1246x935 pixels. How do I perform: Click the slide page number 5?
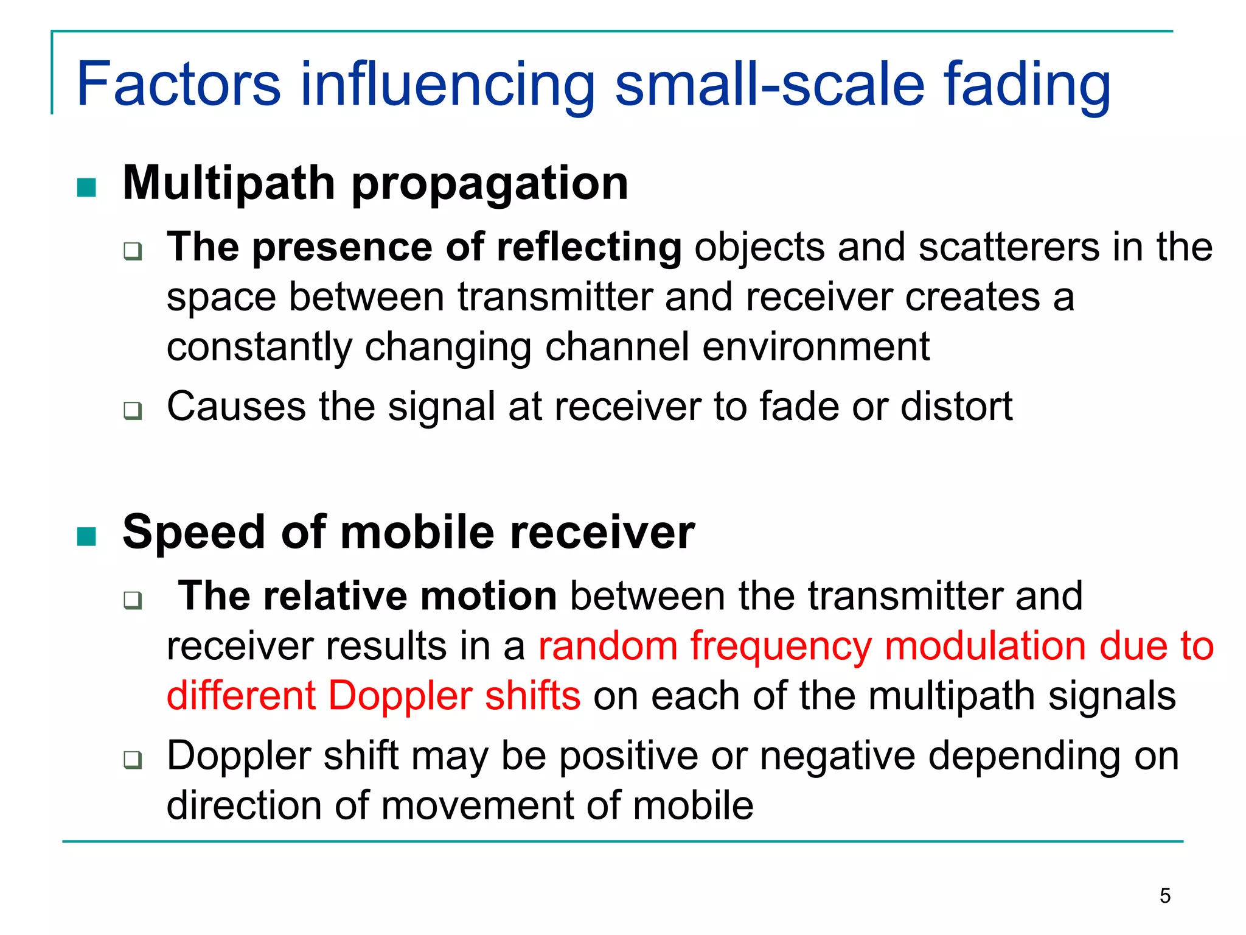1164,896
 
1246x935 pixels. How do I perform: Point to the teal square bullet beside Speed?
87,536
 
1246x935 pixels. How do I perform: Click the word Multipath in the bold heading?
229,184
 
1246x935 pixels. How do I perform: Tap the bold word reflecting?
589,248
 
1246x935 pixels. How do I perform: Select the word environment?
816,347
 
